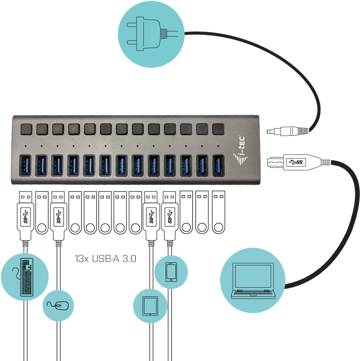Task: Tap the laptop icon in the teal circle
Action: click(x=252, y=281)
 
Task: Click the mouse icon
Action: click(x=58, y=305)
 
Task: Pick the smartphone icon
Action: click(x=171, y=272)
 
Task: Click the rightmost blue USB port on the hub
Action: click(x=219, y=164)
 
